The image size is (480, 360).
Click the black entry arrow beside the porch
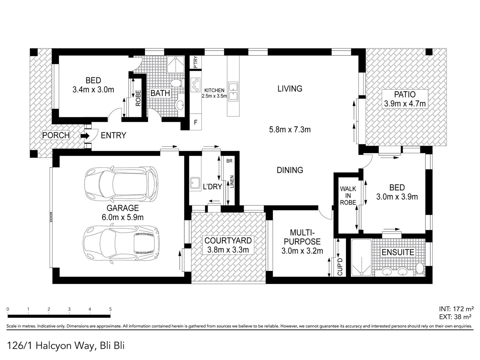(x=85, y=136)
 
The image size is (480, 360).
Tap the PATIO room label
(x=405, y=94)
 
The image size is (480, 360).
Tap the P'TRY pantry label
(x=196, y=62)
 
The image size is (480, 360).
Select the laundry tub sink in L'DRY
(x=195, y=183)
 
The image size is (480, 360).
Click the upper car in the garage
(x=121, y=185)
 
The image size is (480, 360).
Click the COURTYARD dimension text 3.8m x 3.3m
(x=228, y=250)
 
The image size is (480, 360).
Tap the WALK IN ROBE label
(x=348, y=196)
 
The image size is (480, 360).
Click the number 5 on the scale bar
(x=110, y=309)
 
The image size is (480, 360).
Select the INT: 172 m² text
(x=456, y=309)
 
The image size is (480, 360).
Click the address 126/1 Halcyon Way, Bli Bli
(x=66, y=346)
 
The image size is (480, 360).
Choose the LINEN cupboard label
(x=232, y=182)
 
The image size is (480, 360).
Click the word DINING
(x=290, y=170)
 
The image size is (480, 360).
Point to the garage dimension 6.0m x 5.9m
(x=123, y=217)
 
